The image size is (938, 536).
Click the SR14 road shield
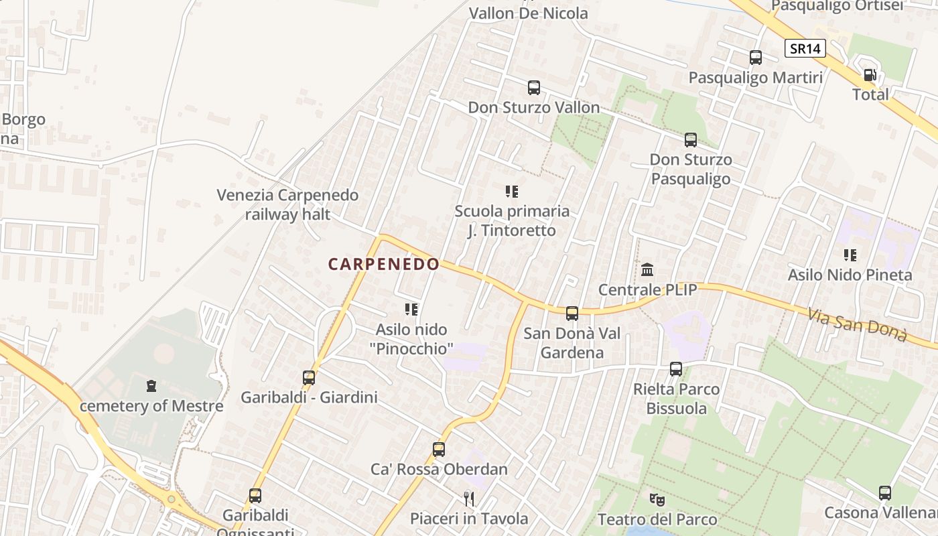805,48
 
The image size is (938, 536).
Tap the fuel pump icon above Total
870,75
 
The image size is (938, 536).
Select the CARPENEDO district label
383,264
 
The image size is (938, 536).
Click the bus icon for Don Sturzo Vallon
534,88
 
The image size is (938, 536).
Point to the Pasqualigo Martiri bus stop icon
756,58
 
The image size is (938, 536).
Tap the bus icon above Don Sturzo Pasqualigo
691,140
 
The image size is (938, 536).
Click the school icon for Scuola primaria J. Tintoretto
512,192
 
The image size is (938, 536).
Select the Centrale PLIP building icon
647,270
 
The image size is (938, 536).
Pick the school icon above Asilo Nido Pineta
850,255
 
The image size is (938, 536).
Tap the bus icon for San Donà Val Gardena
572,313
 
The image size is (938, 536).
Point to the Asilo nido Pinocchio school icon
411,309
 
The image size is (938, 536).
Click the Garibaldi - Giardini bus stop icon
309,377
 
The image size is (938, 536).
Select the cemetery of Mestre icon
151,386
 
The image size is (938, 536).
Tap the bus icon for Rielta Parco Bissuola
676,368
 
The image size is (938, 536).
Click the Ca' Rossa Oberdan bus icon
439,449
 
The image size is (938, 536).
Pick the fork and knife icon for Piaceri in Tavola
469,498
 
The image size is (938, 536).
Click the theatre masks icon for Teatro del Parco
657,499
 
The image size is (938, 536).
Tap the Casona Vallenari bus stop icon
884,493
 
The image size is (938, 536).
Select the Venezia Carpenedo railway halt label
287,204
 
